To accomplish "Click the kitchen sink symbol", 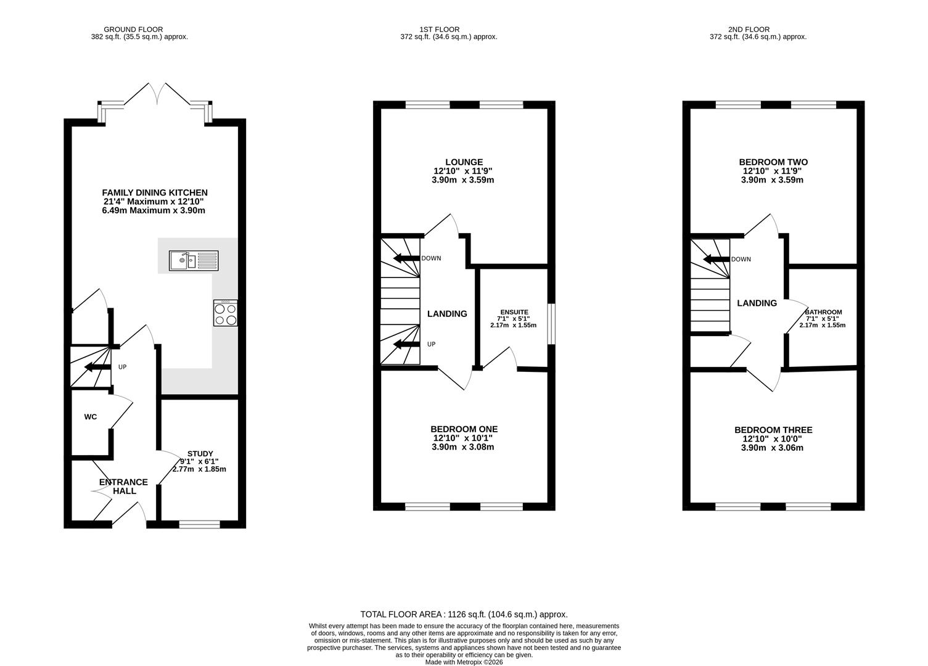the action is click(x=194, y=261).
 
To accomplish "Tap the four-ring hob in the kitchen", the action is click(x=226, y=313).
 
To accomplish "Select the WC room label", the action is click(x=90, y=417).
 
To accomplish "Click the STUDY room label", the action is click(x=200, y=454).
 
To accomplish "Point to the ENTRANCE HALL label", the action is click(x=123, y=487).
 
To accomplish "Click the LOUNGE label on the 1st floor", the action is click(x=464, y=162).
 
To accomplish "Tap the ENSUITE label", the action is click(x=514, y=312).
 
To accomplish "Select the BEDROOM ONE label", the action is click(x=464, y=429).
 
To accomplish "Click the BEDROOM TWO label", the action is click(x=773, y=162).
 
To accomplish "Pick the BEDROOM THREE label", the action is click(x=773, y=430).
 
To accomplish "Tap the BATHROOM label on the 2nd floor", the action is click(x=823, y=312).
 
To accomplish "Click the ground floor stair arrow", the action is click(x=97, y=367).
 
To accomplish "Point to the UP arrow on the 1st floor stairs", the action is click(x=406, y=344).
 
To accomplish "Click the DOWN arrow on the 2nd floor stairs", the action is click(x=717, y=260).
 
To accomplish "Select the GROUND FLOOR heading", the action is click(x=133, y=30).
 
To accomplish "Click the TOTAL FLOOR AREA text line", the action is click(x=464, y=614).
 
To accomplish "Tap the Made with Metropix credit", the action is click(x=464, y=662).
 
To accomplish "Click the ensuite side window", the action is click(x=551, y=324).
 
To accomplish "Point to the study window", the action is click(x=199, y=524).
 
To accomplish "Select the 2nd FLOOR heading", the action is click(x=749, y=30).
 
